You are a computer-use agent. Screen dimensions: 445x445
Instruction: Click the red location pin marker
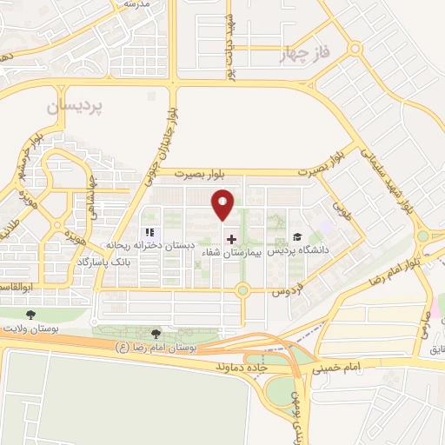tap(223, 204)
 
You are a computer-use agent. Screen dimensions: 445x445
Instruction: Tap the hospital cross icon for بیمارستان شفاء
tap(231, 238)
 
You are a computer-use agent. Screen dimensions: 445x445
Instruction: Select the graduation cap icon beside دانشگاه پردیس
tap(298, 237)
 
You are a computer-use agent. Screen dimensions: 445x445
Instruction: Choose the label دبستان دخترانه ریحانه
tap(149, 246)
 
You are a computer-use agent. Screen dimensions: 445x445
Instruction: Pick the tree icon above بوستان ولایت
tap(31, 315)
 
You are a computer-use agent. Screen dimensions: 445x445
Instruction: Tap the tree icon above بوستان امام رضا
tap(156, 333)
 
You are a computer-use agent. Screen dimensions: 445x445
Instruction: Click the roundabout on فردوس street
tap(242, 290)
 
